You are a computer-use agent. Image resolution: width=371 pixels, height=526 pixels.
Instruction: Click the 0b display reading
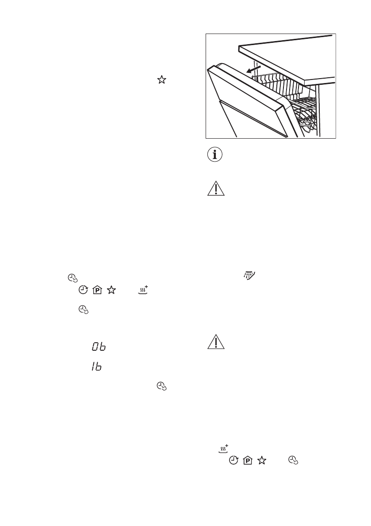(x=99, y=348)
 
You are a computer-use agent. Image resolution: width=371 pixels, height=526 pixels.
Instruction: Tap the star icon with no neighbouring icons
(x=162, y=79)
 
